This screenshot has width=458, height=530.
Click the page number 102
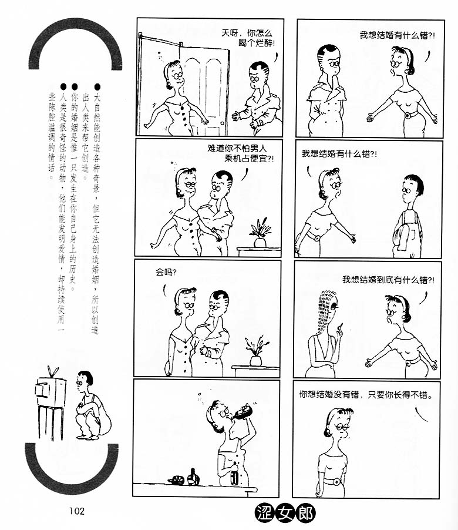(77, 511)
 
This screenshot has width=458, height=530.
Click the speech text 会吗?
(166, 272)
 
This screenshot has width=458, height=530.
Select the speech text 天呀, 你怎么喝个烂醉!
(247, 38)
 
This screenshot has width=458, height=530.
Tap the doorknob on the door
(222, 123)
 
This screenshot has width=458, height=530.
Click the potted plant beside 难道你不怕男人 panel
(260, 233)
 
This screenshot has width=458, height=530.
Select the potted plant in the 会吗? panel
(256, 351)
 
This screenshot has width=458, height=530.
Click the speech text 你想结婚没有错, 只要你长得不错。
(365, 394)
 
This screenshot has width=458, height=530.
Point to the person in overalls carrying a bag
(408, 216)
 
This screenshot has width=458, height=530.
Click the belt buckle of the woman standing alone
(336, 481)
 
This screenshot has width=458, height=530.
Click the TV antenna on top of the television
(52, 371)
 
